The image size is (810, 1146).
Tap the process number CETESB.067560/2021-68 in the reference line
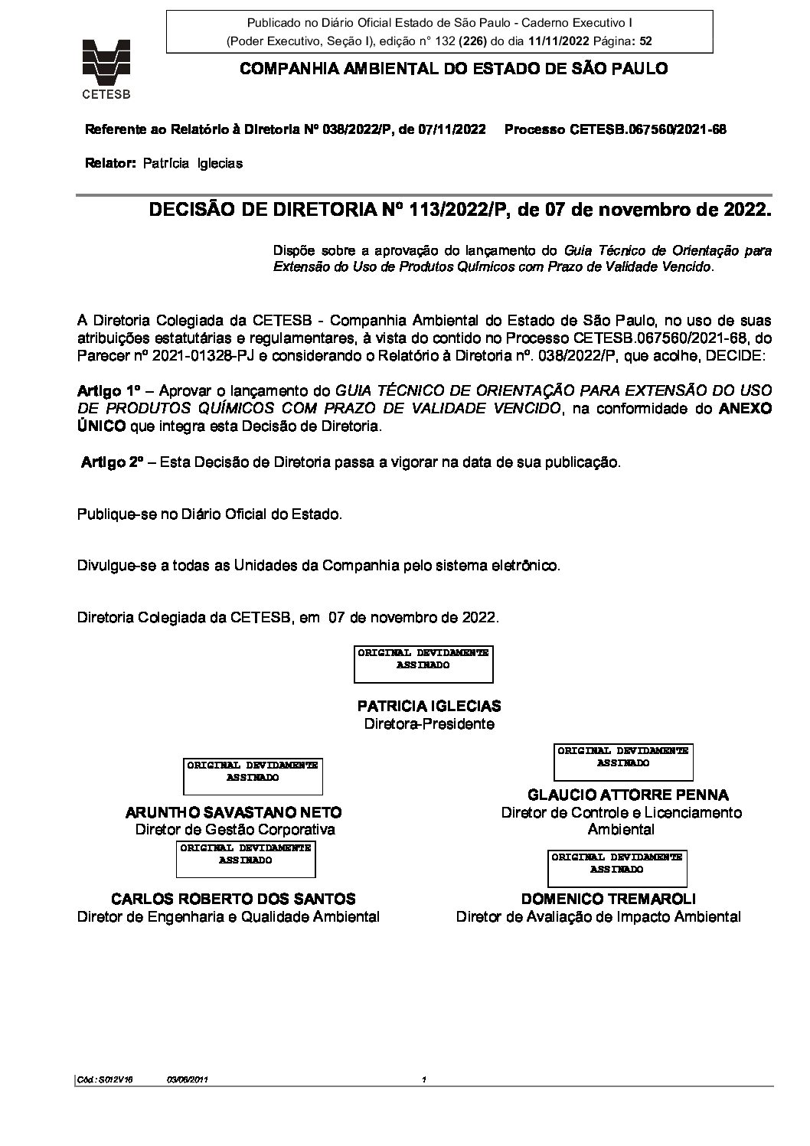[x=648, y=129]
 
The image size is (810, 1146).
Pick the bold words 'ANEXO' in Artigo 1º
[x=745, y=409]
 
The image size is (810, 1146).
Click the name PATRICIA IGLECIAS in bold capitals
[x=429, y=706]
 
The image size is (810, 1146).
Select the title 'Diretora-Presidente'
[x=429, y=723]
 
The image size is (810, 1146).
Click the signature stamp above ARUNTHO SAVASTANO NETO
[x=253, y=776]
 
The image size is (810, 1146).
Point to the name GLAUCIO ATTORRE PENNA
[x=628, y=795]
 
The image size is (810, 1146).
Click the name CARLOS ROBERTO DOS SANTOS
[x=234, y=899]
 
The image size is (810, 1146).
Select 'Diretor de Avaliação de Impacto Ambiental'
[x=598, y=916]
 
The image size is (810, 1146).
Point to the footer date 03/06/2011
[x=188, y=1080]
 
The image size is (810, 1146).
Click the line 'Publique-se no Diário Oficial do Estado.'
[x=210, y=514]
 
